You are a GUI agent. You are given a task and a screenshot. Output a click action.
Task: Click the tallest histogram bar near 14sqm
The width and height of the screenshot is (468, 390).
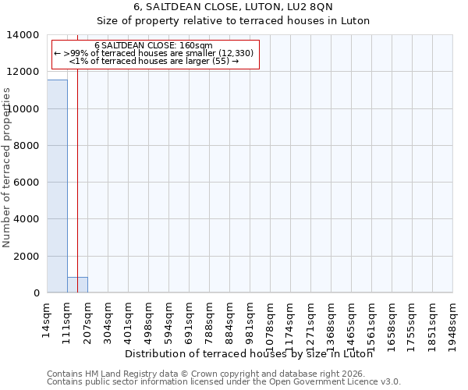[x=57, y=187]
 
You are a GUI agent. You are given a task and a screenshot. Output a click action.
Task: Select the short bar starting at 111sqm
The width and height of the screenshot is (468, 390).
[x=77, y=285]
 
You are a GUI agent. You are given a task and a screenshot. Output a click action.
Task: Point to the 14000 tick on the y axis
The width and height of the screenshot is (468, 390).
[x=25, y=35]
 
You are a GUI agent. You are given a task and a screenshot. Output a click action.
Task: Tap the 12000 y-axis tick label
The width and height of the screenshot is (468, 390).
[x=25, y=72]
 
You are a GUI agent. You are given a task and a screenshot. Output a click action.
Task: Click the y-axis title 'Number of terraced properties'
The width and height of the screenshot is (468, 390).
[x=7, y=167]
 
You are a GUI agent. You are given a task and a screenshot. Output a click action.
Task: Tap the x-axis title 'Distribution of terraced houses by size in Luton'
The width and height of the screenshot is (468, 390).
[x=249, y=353]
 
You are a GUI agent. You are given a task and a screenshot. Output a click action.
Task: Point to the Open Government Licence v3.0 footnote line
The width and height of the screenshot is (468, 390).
[x=224, y=382]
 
